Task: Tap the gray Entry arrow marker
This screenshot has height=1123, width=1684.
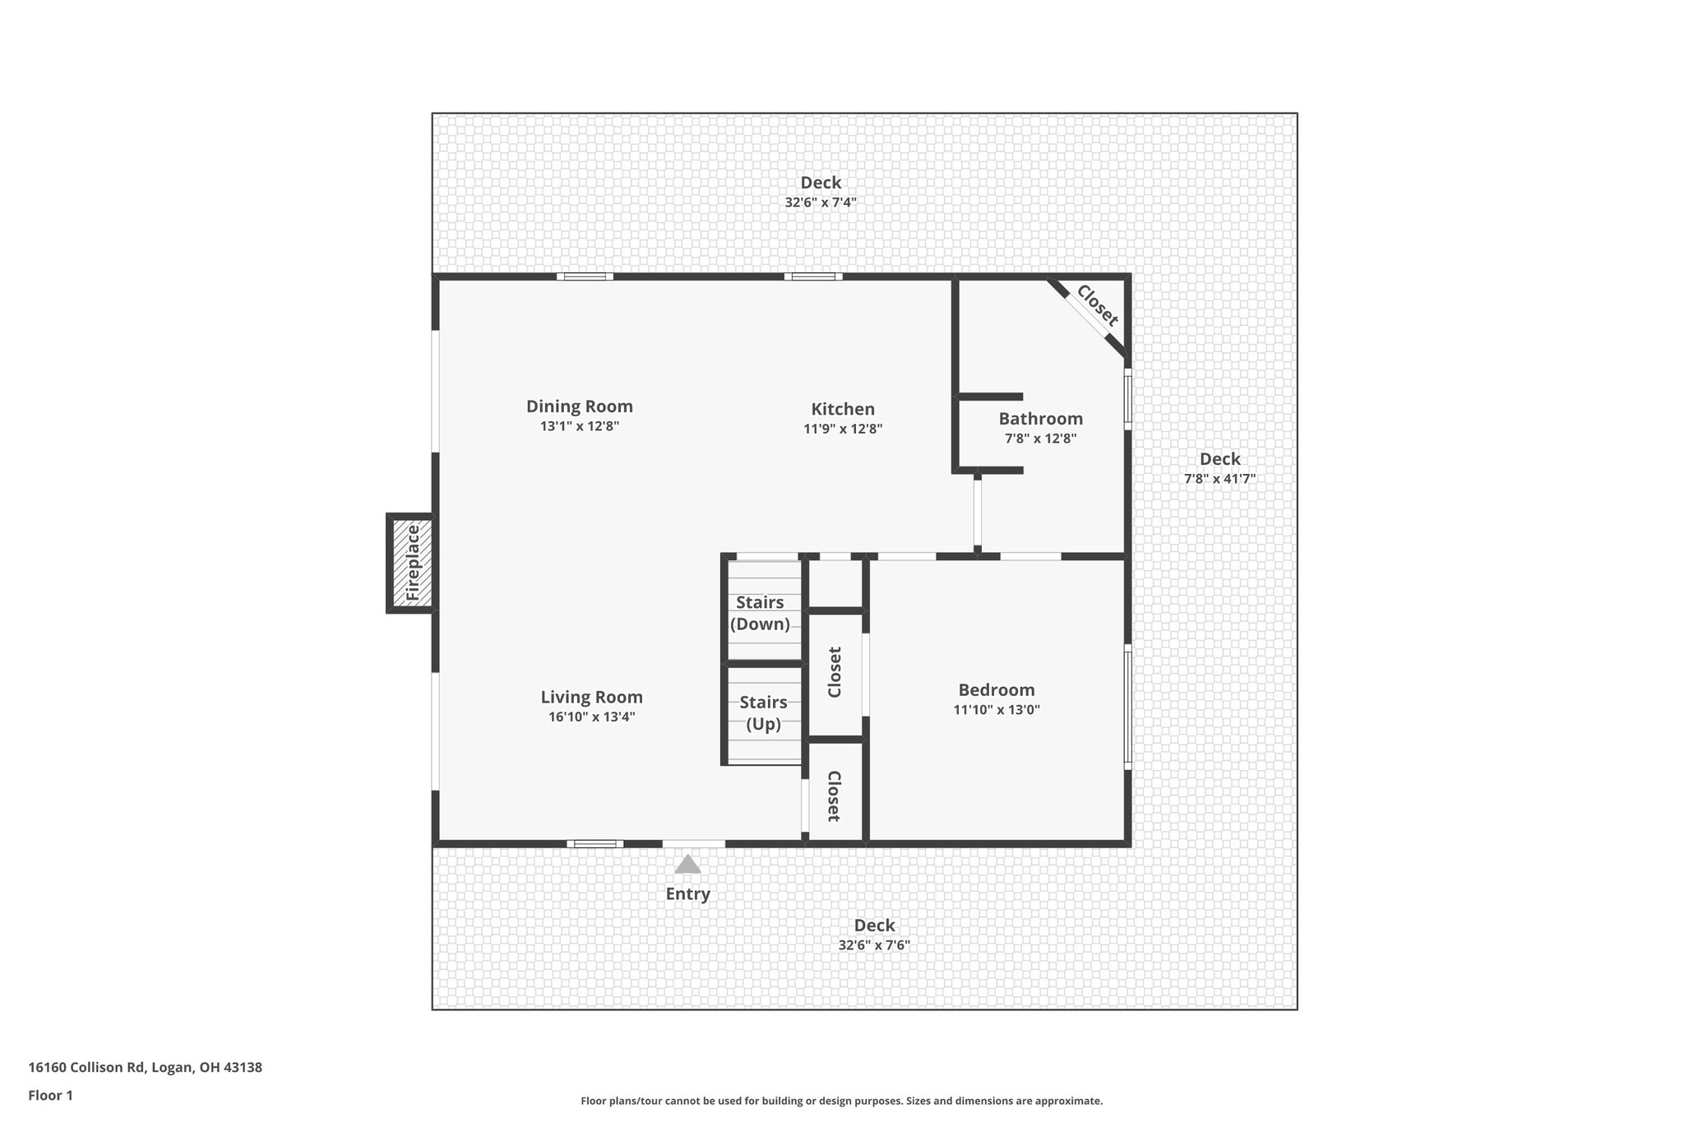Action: [687, 865]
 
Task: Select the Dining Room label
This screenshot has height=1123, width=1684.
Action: [580, 406]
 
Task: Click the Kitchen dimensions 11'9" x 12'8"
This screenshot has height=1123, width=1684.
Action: [843, 429]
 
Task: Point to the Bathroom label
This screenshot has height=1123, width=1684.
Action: [1040, 419]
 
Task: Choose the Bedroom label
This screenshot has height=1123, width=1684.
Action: [996, 690]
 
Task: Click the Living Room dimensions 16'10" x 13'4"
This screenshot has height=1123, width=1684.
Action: [591, 717]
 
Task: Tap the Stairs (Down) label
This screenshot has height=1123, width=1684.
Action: [761, 613]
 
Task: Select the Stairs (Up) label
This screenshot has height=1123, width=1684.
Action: [763, 713]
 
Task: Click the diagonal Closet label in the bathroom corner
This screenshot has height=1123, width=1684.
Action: [1097, 306]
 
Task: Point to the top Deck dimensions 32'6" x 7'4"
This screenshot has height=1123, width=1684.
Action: [821, 202]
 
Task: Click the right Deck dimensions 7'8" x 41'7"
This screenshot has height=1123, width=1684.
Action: [1219, 479]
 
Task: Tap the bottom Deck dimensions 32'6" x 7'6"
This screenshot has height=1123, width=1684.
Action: [874, 945]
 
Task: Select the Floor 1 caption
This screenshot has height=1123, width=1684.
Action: [51, 1095]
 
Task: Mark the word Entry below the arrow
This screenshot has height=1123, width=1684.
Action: [687, 894]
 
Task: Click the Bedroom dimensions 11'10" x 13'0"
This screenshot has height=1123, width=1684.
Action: [997, 710]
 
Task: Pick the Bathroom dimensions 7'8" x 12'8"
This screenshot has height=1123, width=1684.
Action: [1040, 439]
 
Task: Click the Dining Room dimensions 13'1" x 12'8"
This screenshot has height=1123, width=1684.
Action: [580, 426]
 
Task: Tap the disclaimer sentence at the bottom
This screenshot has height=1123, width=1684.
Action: [841, 1101]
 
